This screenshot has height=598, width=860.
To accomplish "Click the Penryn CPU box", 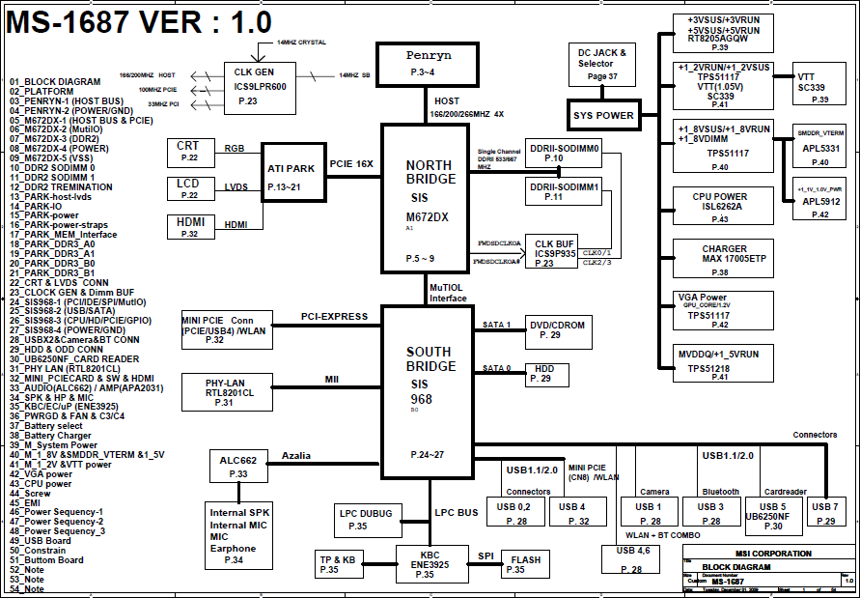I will [x=429, y=64].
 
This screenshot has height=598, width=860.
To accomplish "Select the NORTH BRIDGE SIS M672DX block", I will [x=428, y=197].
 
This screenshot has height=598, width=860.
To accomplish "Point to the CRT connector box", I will [x=188, y=152].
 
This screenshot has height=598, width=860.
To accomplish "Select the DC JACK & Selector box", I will [x=601, y=64].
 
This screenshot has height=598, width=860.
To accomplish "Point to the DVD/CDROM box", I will [x=557, y=329].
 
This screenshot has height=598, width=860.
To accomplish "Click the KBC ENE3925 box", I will [x=425, y=563].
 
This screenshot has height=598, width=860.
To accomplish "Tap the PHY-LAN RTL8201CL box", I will [x=229, y=389].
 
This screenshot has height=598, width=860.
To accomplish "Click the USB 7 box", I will [x=825, y=513].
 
